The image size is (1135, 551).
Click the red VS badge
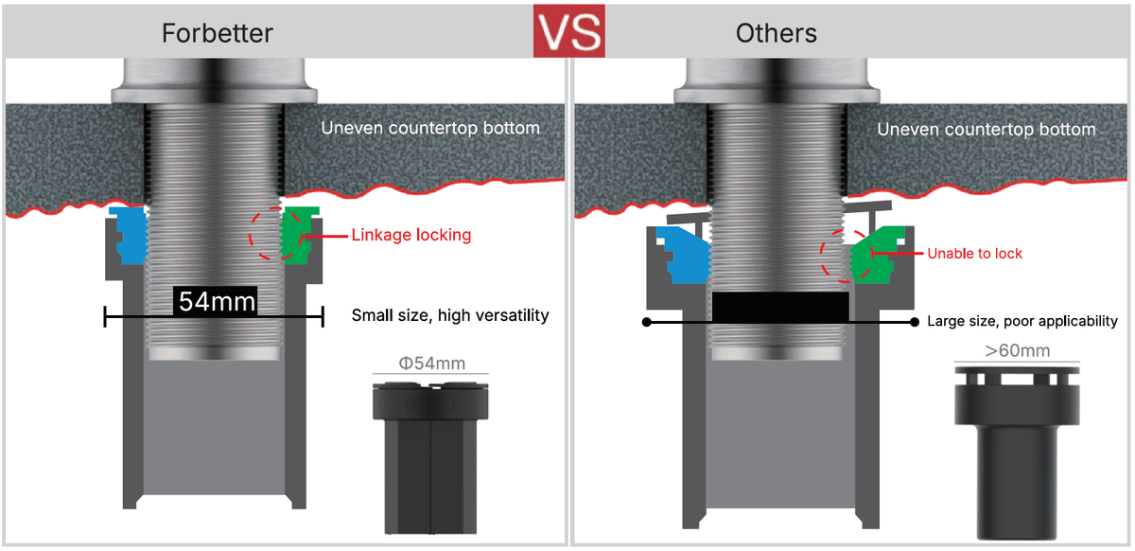tap(568, 31)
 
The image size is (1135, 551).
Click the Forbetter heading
tap(218, 33)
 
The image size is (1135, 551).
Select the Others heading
tap(777, 33)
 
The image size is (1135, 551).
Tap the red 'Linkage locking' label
tap(410, 235)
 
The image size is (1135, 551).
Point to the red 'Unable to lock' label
tap(974, 254)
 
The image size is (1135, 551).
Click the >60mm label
tap(1016, 351)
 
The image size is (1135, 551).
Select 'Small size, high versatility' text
tap(449, 315)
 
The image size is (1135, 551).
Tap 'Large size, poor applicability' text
tap(1021, 321)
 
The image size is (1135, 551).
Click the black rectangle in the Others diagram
tap(779, 307)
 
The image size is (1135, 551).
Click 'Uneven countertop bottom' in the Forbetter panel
tap(430, 128)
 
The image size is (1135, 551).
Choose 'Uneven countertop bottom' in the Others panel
tap(987, 129)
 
